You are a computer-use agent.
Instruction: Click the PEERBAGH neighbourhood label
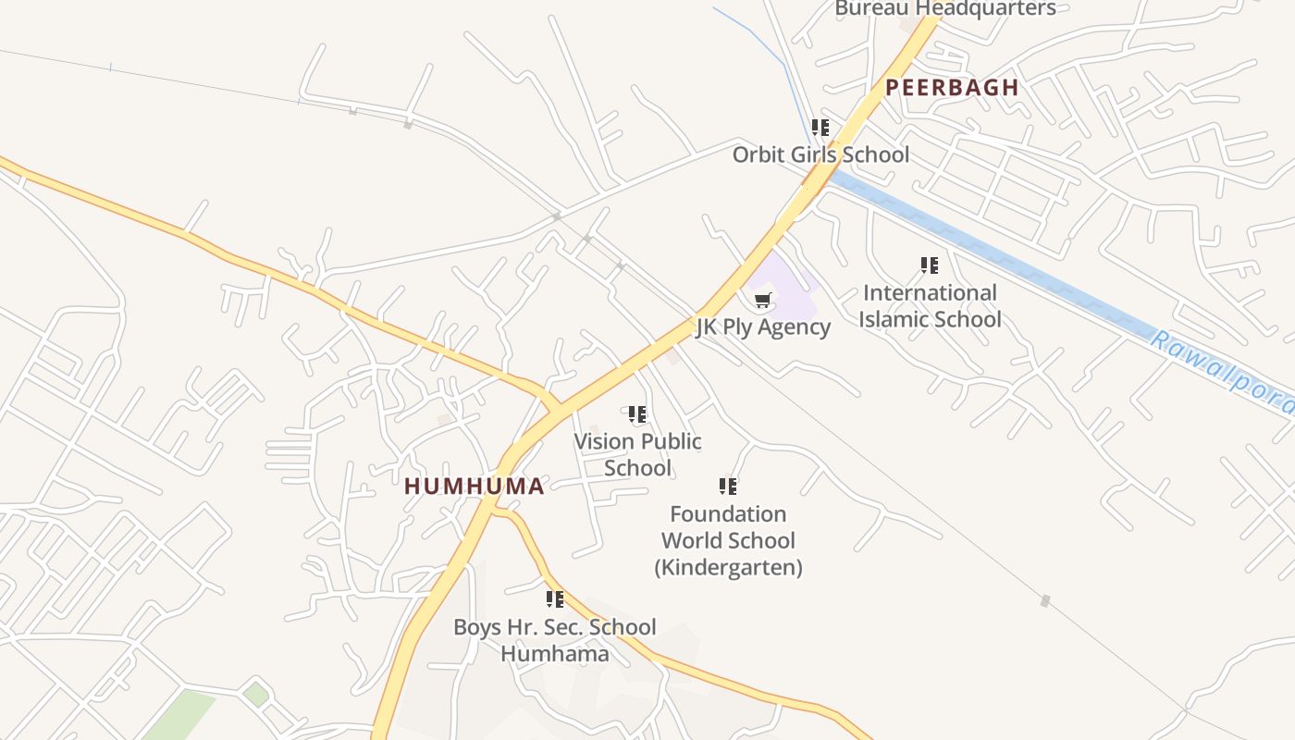coord(952,88)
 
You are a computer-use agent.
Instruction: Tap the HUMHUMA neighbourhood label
coord(474,486)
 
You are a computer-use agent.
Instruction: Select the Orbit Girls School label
coord(820,154)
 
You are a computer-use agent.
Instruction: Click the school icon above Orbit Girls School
coord(820,128)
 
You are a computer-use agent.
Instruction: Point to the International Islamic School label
coord(930,306)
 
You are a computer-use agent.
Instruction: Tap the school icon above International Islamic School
coord(930,266)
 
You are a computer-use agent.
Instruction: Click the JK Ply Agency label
coord(763,327)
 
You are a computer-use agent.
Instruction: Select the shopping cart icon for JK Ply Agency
coord(762,300)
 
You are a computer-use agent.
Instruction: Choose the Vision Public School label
coord(637,454)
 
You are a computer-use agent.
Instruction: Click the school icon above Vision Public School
coord(636,414)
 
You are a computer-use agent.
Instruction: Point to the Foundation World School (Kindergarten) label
coord(728,540)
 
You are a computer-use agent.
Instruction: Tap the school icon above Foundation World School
coord(728,487)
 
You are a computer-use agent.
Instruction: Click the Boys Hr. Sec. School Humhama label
coord(554,640)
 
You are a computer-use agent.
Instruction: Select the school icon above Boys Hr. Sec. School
coord(554,599)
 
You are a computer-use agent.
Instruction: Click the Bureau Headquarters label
coord(944,9)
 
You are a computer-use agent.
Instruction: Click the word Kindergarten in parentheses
coord(728,567)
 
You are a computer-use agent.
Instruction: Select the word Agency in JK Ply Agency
coord(795,327)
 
